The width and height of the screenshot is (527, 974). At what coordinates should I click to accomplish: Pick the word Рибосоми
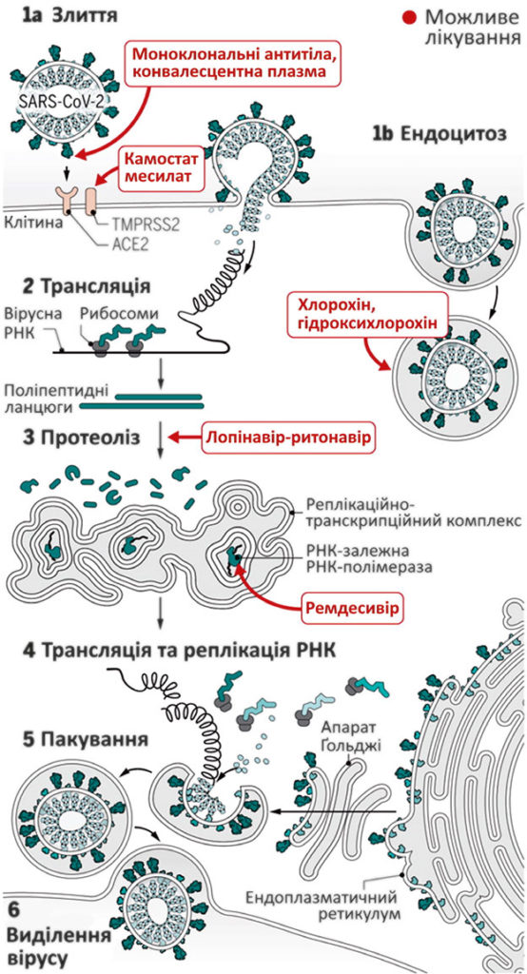pyautogui.click(x=115, y=314)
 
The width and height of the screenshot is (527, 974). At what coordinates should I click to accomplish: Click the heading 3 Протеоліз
pyautogui.click(x=72, y=437)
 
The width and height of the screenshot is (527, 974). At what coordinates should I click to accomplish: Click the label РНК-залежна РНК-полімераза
pyautogui.click(x=370, y=559)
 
